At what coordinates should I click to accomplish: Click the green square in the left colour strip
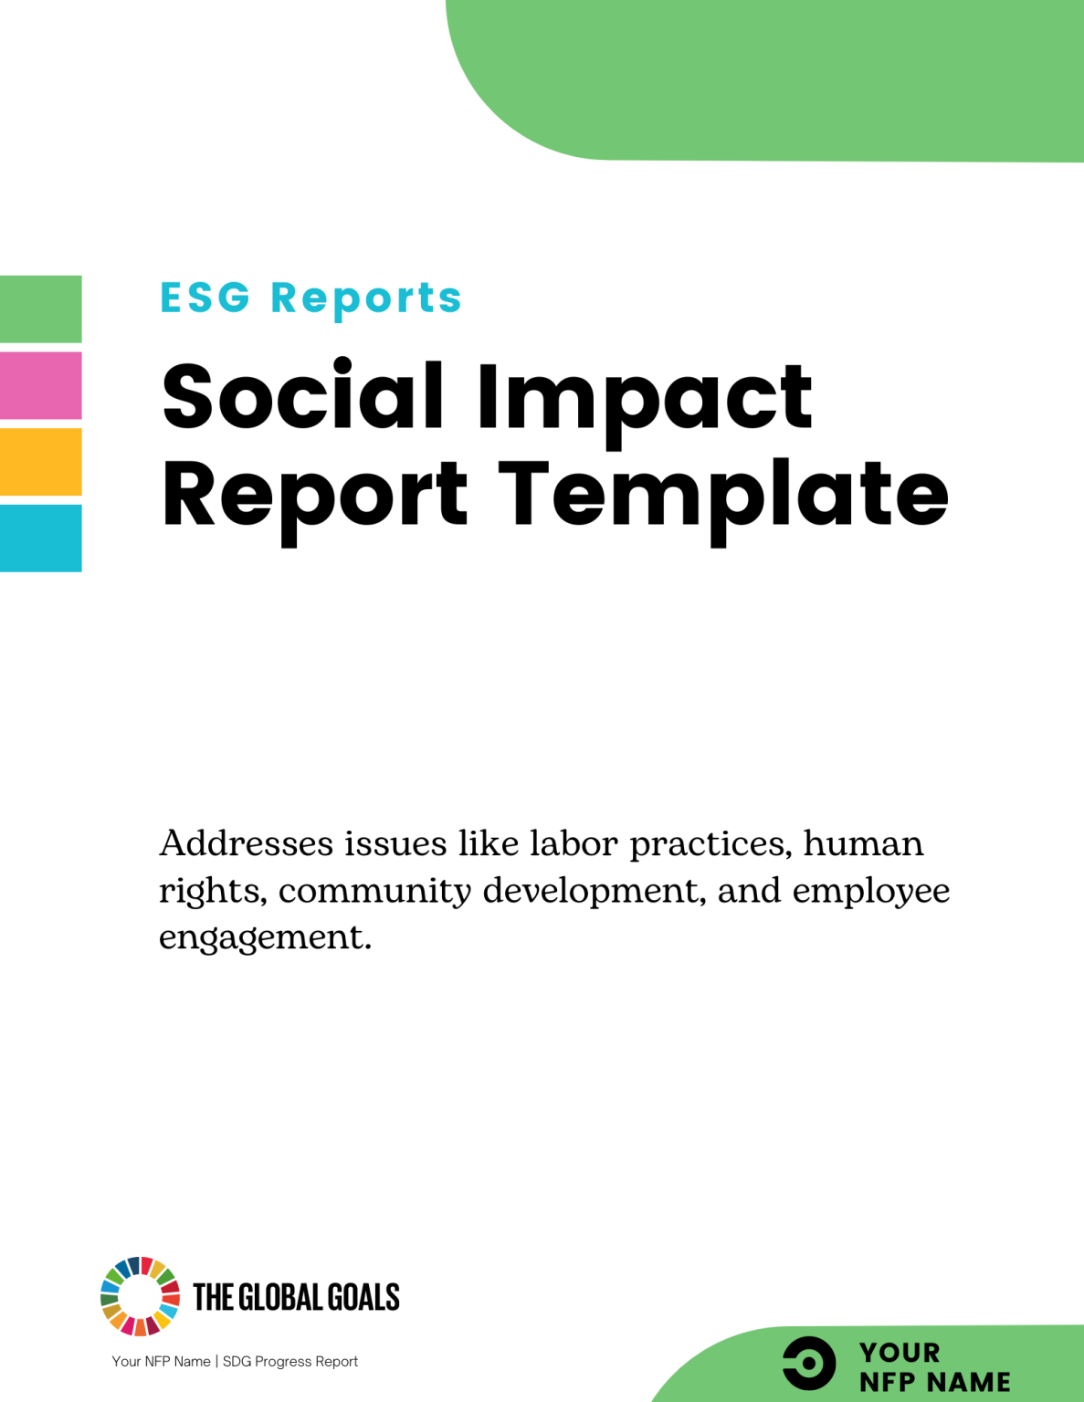pyautogui.click(x=41, y=309)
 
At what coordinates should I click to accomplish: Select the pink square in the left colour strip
pyautogui.click(x=41, y=385)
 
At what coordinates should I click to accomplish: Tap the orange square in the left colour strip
pyautogui.click(x=41, y=462)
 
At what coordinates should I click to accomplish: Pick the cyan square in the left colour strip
pyautogui.click(x=41, y=538)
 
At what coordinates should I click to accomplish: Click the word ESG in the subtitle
pyautogui.click(x=205, y=298)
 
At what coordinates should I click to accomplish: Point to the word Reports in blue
pyautogui.click(x=366, y=298)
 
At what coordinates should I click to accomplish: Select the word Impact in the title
pyautogui.click(x=644, y=398)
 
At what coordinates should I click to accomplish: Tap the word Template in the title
pyautogui.click(x=723, y=496)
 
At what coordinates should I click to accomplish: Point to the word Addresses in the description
pyautogui.click(x=247, y=843)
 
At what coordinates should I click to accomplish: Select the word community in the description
pyautogui.click(x=374, y=891)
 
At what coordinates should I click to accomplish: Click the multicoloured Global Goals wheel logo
pyautogui.click(x=140, y=1296)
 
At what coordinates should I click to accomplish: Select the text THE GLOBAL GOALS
pyautogui.click(x=296, y=1297)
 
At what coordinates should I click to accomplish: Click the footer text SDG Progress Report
pyautogui.click(x=290, y=1361)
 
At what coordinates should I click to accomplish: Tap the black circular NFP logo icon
pyautogui.click(x=809, y=1364)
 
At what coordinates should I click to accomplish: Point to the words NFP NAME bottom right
pyautogui.click(x=934, y=1382)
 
